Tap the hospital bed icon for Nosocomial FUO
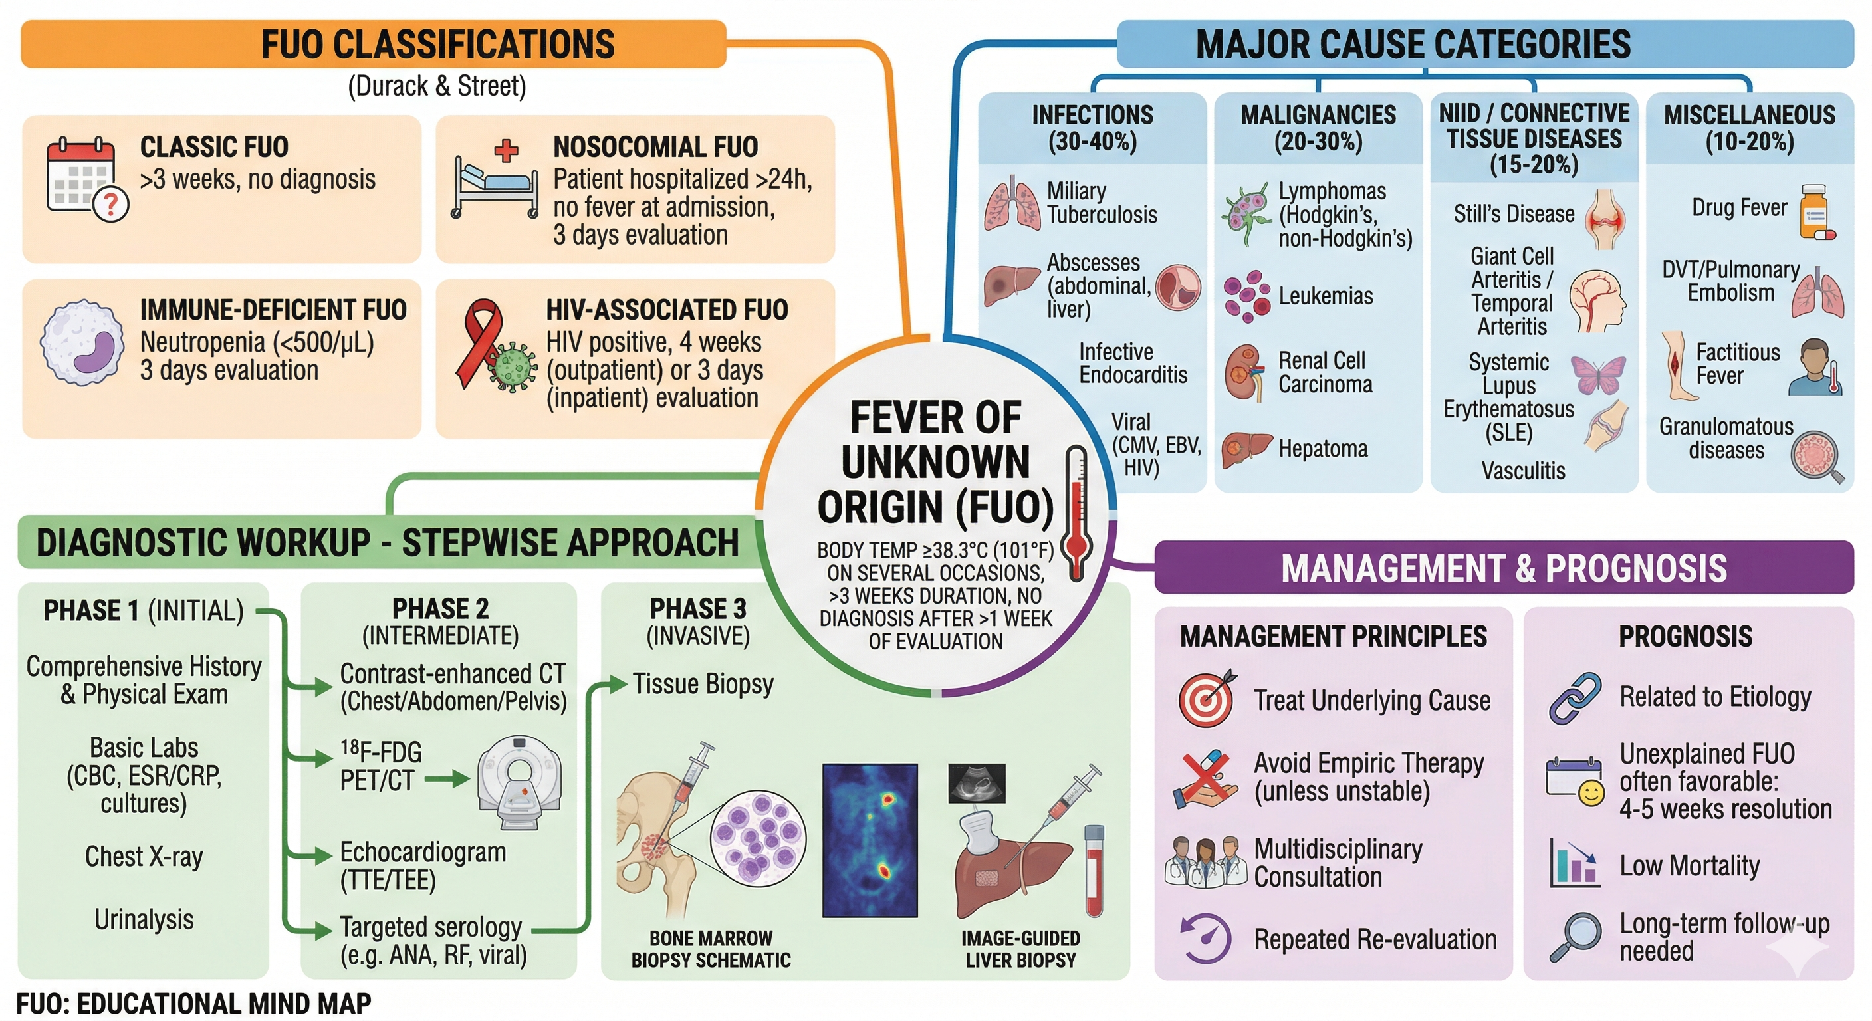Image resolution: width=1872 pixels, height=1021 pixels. pos(496,186)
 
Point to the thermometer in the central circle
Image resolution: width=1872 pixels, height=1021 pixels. pos(1076,512)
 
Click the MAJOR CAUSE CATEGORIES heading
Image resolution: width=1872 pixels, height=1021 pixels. pos(1413,45)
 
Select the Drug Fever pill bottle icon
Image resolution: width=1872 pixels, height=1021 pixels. pos(1816,212)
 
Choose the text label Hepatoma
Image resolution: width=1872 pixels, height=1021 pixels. pos(1323,449)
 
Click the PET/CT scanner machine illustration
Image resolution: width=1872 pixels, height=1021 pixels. pos(519,781)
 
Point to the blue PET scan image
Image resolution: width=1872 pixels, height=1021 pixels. pos(870,840)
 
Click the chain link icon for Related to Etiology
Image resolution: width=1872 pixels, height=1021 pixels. pos(1575,698)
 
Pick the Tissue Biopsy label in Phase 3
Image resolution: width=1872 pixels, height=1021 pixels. pos(703,684)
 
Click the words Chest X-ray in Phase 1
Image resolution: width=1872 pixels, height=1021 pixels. pos(144,856)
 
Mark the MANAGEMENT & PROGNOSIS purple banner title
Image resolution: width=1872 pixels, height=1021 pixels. pos(1504,568)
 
